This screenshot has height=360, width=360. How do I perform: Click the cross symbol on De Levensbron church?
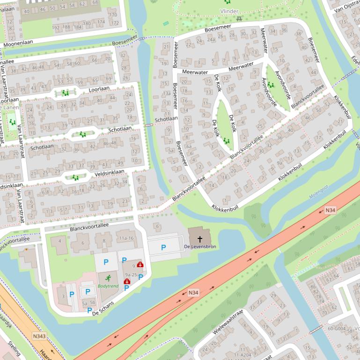pyautogui.click(x=200, y=239)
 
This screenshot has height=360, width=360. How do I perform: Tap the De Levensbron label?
pyautogui.click(x=200, y=246)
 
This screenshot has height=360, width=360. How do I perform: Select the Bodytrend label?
pyautogui.click(x=108, y=285)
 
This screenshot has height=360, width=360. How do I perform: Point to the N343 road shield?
pyautogui.click(x=39, y=336)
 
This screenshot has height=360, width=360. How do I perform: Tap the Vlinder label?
pyautogui.click(x=229, y=11)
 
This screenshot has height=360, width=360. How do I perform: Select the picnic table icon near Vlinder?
pyautogui.click(x=239, y=19)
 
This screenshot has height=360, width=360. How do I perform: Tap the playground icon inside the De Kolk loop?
pyautogui.click(x=227, y=140)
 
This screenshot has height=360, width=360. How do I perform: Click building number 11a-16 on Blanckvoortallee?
pyautogui.click(x=126, y=238)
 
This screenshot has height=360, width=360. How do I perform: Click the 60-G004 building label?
pyautogui.click(x=337, y=329)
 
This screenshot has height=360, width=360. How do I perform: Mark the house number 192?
pyautogui.click(x=57, y=28)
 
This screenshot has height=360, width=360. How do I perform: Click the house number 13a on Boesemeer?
pyautogui.click(x=167, y=93)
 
